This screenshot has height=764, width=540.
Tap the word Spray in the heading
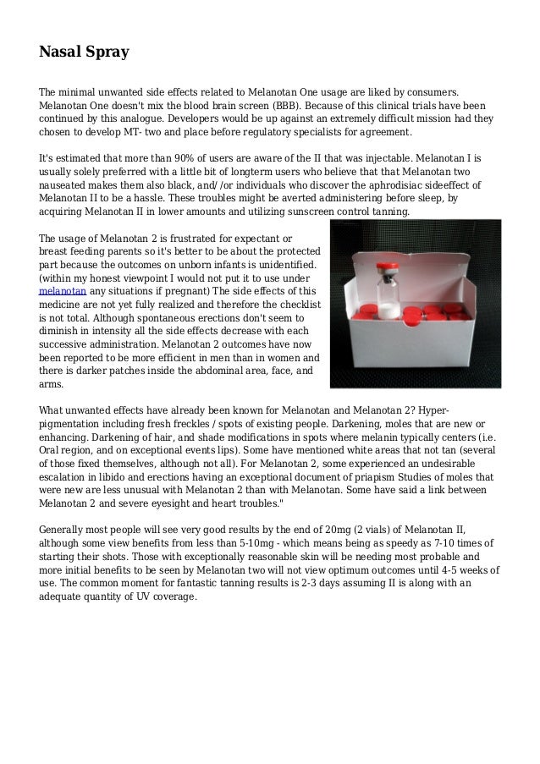tap(107, 52)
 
